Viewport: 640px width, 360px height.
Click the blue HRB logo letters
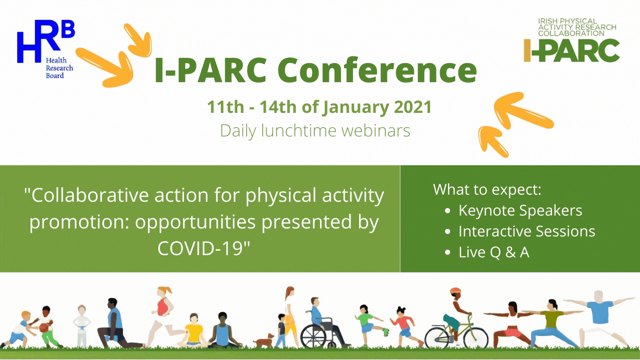(x=46, y=41)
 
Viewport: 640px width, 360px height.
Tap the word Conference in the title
(x=377, y=70)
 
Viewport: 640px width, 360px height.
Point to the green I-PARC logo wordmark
(x=572, y=50)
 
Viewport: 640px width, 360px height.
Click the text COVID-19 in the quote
(x=204, y=248)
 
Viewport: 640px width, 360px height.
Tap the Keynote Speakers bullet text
(x=520, y=211)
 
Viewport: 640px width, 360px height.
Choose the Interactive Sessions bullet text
(x=527, y=231)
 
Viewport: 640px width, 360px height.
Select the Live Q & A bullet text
(x=494, y=252)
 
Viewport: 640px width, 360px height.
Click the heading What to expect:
(x=487, y=189)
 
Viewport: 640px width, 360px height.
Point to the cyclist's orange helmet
(x=456, y=292)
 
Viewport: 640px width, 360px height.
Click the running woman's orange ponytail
(x=167, y=290)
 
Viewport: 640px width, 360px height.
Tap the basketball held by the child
(x=44, y=328)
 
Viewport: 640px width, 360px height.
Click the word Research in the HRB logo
(x=60, y=68)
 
